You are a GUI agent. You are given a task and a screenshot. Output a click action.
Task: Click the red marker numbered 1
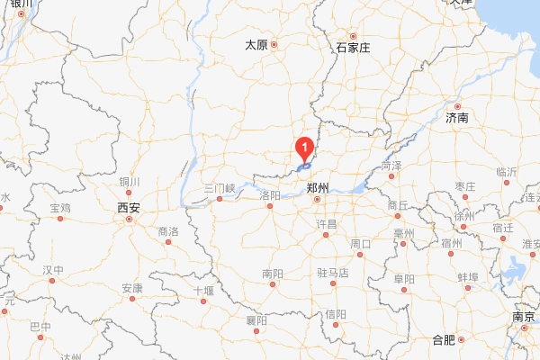coord(306,144)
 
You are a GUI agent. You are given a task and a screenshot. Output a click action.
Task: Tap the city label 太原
coord(256,45)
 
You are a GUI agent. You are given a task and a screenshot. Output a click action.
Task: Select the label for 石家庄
coord(353,47)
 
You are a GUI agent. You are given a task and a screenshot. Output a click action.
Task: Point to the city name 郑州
coord(319,188)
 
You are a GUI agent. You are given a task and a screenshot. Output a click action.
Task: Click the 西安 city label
coord(129,207)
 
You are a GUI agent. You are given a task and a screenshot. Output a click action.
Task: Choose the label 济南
coord(457,118)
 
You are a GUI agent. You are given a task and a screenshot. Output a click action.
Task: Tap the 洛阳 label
coord(269,195)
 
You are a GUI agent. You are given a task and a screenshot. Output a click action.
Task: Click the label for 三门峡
coord(219,189)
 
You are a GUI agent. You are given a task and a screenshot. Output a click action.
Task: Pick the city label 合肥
coord(444,339)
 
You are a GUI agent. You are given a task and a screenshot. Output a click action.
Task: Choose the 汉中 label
coord(53,270)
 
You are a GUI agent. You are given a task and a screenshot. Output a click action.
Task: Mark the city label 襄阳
coord(256,319)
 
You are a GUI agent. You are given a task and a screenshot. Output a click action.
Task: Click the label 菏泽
coord(391,166)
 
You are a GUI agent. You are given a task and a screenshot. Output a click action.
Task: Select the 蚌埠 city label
coord(468,276)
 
